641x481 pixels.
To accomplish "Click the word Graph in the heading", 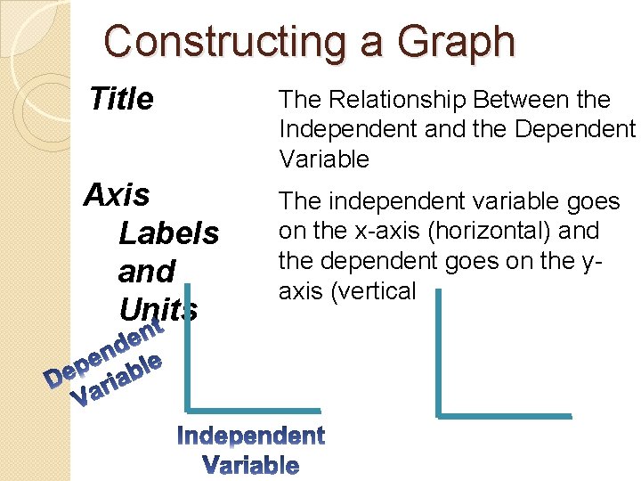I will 456,42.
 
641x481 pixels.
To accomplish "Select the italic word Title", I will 122,99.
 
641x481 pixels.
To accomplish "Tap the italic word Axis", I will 117,194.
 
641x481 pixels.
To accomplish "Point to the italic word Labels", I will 168,233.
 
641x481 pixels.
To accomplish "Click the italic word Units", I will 158,308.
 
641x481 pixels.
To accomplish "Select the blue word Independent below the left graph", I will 251,436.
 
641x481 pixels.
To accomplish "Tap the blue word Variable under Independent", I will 251,464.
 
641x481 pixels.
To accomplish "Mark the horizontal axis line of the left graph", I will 253,411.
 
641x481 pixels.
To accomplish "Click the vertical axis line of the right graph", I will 438,351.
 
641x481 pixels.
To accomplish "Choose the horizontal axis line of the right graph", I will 504,415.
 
